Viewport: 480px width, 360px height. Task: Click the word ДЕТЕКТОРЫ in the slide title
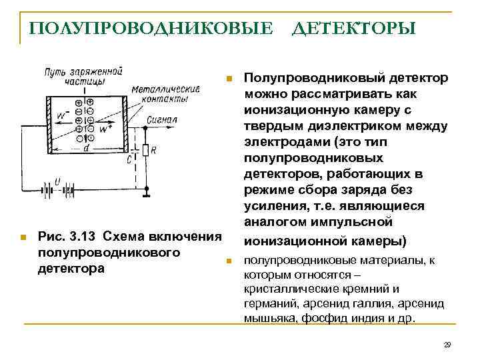point(354,29)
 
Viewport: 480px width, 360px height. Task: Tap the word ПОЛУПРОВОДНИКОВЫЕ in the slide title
point(151,29)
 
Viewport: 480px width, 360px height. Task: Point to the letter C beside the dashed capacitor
point(128,160)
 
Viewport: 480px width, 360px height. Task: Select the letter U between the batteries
point(57,181)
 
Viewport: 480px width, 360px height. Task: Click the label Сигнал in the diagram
point(162,120)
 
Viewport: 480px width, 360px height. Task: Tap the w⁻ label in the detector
point(62,115)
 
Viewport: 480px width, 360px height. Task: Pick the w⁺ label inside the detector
point(105,129)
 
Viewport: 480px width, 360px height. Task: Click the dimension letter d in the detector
point(86,148)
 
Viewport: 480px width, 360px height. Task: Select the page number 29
point(447,345)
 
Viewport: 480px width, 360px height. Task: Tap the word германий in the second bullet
point(266,303)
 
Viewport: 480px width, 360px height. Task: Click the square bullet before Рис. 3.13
point(23,237)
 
